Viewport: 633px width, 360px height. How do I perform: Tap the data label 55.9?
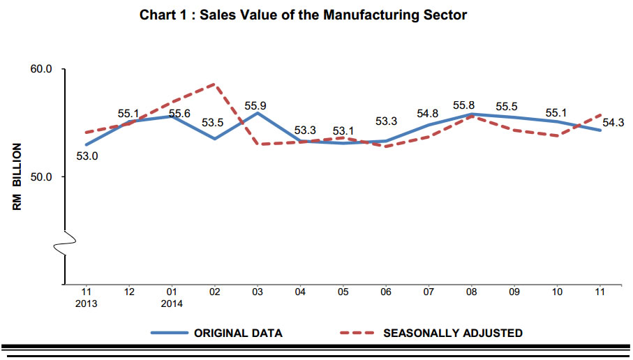click(x=255, y=106)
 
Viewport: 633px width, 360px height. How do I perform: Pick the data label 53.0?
click(x=87, y=156)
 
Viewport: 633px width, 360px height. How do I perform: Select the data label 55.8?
click(x=464, y=105)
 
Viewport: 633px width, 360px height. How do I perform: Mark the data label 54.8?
click(x=428, y=114)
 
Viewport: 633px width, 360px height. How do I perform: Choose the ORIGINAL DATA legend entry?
click(x=217, y=333)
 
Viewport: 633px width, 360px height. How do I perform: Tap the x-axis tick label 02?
click(x=214, y=292)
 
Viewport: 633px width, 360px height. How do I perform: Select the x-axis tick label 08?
click(x=471, y=292)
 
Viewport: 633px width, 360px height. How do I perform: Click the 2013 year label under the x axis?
click(x=86, y=303)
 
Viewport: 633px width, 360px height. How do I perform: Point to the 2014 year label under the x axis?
click(x=172, y=303)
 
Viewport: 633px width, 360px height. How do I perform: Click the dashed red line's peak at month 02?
click(x=214, y=84)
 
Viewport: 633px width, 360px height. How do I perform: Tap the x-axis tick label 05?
click(x=343, y=292)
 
